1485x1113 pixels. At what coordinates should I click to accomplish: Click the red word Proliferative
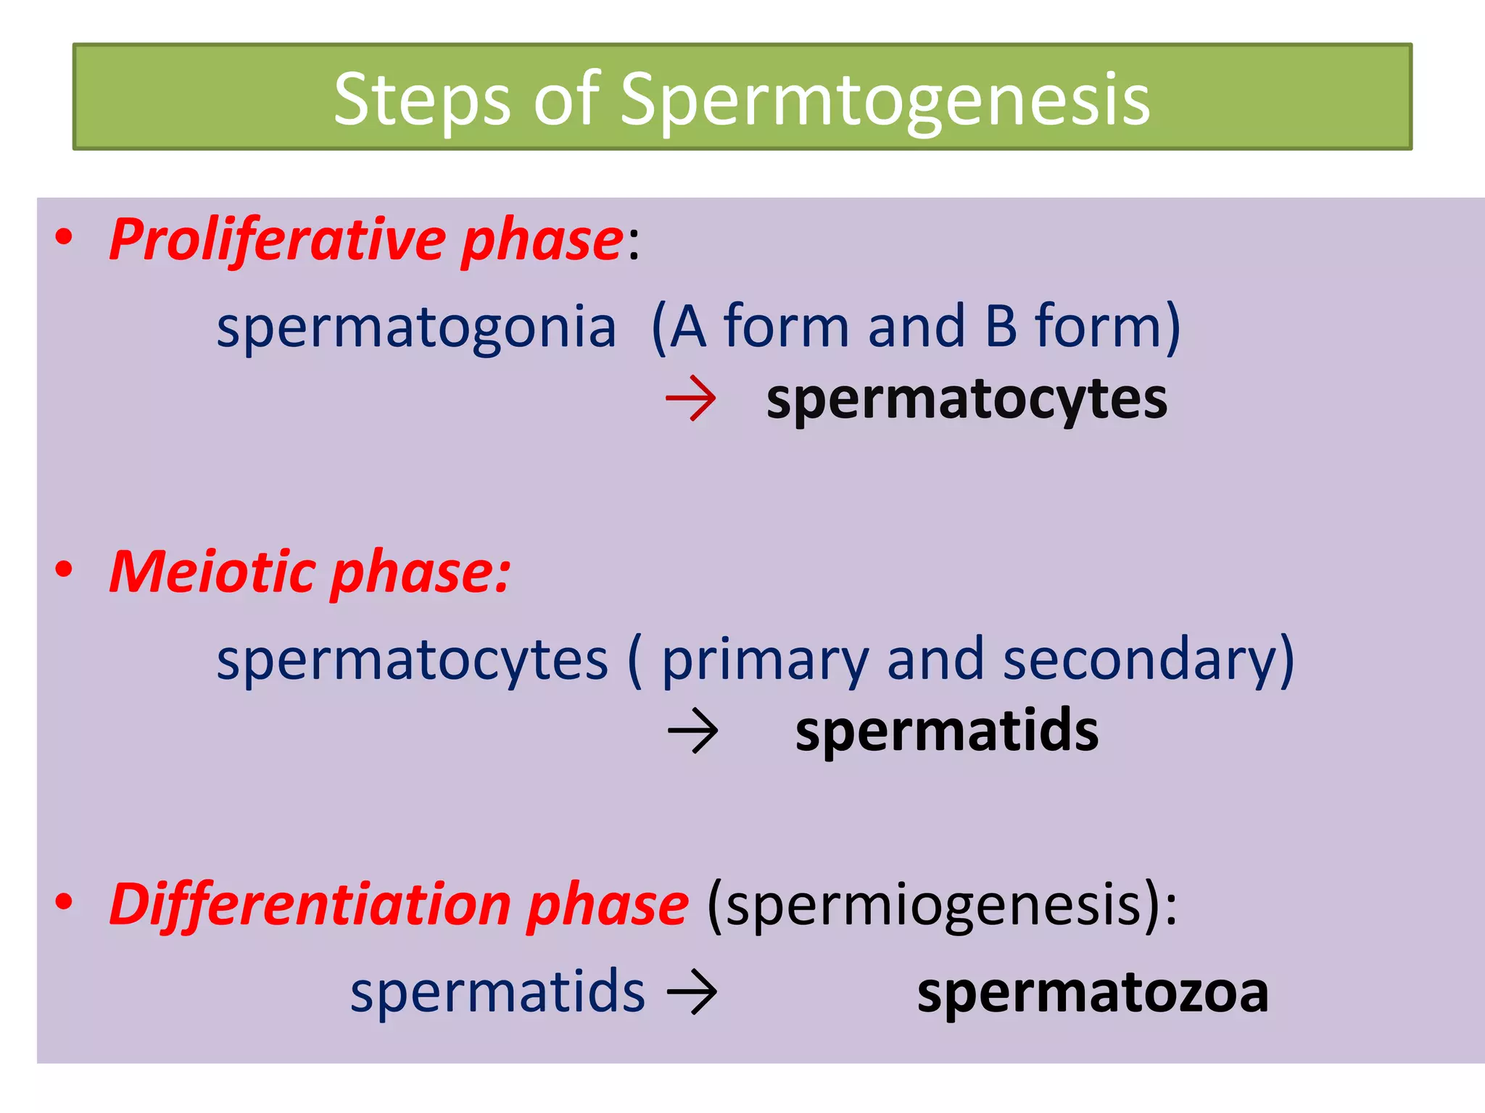[x=278, y=240]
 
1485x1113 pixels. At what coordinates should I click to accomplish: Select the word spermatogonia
[x=416, y=328]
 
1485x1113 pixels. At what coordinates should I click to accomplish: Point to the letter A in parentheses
[x=687, y=327]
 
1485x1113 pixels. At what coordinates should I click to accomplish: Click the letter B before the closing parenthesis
[x=1001, y=327]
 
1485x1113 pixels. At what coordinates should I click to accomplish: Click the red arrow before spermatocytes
[x=691, y=398]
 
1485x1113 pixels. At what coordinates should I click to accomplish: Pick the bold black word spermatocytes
[x=967, y=400]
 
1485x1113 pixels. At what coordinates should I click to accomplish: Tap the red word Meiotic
[x=212, y=572]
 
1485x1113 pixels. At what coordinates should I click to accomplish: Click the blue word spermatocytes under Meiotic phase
[x=412, y=660]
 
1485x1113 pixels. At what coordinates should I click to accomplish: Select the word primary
[x=765, y=660]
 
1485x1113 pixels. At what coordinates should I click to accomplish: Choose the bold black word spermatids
[x=946, y=731]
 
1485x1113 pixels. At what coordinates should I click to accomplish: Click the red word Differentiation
[x=310, y=905]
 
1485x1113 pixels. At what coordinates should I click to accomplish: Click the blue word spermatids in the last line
[x=497, y=992]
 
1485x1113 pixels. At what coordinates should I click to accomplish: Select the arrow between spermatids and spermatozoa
[x=692, y=992]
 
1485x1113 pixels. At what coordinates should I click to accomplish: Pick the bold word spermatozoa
[x=1093, y=993]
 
